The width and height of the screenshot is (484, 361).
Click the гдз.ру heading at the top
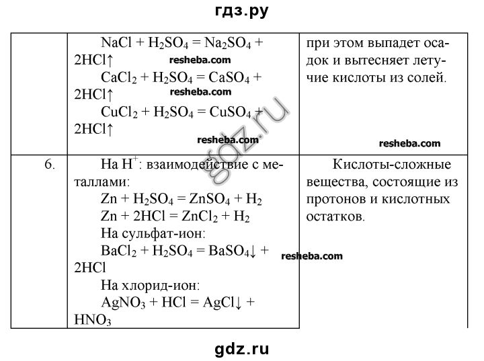(x=242, y=11)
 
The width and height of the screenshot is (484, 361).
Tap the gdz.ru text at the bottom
(x=242, y=350)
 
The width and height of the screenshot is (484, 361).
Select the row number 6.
(x=50, y=164)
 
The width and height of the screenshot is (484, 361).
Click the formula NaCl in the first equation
(x=116, y=42)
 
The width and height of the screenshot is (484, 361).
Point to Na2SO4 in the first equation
(x=228, y=43)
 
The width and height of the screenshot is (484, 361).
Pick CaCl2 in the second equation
(x=119, y=77)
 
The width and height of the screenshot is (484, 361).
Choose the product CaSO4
(x=229, y=77)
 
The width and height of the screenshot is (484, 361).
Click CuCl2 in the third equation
(x=120, y=112)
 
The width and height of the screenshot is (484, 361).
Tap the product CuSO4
(x=231, y=112)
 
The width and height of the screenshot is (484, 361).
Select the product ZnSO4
(x=210, y=199)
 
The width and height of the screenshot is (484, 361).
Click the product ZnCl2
(x=200, y=216)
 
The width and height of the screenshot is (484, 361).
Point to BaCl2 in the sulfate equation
(x=119, y=251)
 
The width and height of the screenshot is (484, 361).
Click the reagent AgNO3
(x=123, y=303)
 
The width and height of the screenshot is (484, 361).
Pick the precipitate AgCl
(x=219, y=303)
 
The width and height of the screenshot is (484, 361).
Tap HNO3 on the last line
(x=93, y=320)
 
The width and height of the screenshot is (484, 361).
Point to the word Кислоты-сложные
(x=392, y=164)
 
